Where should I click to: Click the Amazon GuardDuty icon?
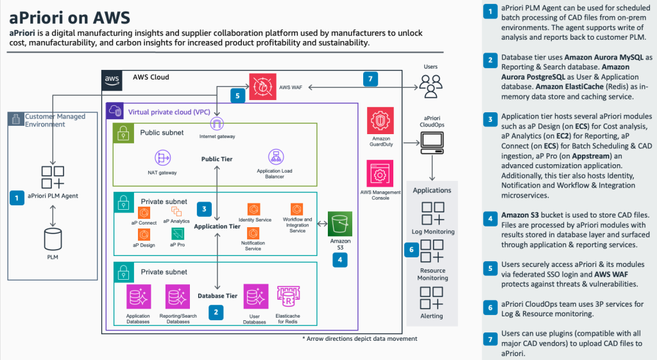coord(380,122)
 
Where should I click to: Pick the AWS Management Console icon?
coord(380,174)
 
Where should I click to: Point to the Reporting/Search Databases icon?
coord(175,297)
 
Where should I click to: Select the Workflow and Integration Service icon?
coord(296,209)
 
